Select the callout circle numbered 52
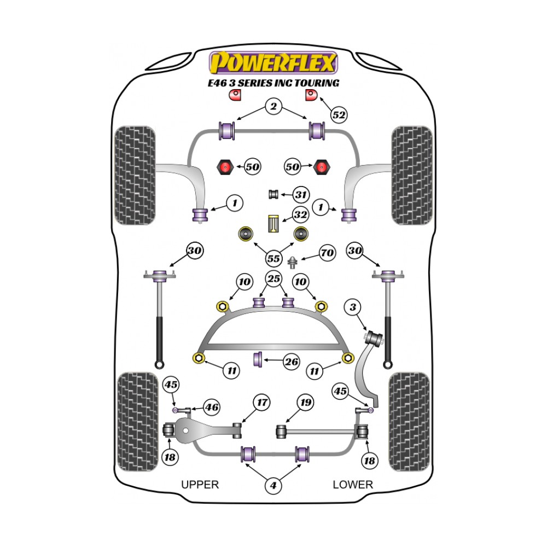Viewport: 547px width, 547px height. pyautogui.click(x=339, y=115)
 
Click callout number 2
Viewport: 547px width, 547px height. pyautogui.click(x=273, y=106)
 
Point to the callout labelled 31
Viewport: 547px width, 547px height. pyautogui.click(x=300, y=194)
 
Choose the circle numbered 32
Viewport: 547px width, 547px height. pyautogui.click(x=300, y=215)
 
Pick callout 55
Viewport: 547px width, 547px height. pyautogui.click(x=273, y=258)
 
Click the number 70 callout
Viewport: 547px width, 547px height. pyautogui.click(x=327, y=253)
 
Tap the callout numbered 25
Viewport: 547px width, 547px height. pyautogui.click(x=273, y=279)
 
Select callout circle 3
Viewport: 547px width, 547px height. pyautogui.click(x=353, y=308)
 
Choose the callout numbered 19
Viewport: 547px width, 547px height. pyautogui.click(x=305, y=403)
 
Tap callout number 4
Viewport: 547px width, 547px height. pyautogui.click(x=273, y=485)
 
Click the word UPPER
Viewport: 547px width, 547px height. pyautogui.click(x=200, y=484)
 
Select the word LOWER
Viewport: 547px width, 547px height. pyautogui.click(x=353, y=484)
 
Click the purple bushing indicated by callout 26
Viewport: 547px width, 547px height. pyautogui.click(x=258, y=359)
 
